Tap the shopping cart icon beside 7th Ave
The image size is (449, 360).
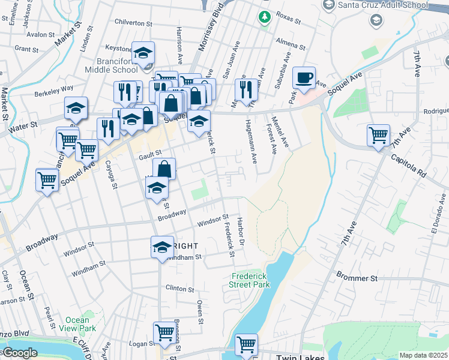pyautogui.click(x=378, y=136)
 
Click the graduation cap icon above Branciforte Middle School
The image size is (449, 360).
pyautogui.click(x=143, y=53)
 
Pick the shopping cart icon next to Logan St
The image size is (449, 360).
pyautogui.click(x=164, y=332)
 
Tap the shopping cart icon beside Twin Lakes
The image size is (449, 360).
pyautogui.click(x=246, y=344)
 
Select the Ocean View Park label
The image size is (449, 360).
pyautogui.click(x=80, y=324)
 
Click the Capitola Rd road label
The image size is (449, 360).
pyautogui.click(x=408, y=165)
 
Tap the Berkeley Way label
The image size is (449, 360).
pyautogui.click(x=53, y=87)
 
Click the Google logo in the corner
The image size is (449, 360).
pyautogui.click(x=19, y=353)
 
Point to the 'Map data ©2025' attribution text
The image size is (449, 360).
pyautogui.click(x=423, y=355)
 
